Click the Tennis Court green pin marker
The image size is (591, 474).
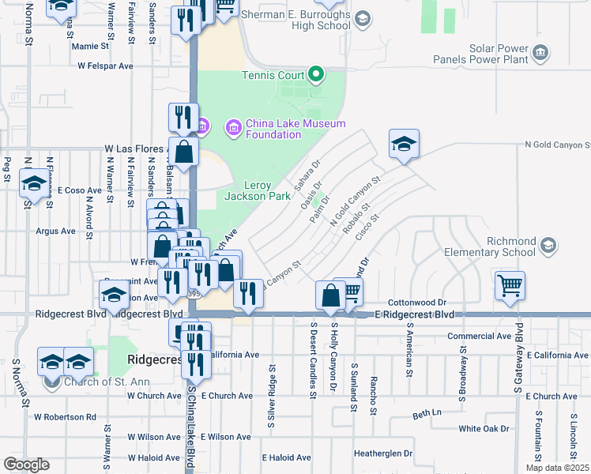(x=316, y=76)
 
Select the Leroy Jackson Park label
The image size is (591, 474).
(x=258, y=190)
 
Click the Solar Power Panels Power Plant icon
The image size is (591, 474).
(x=540, y=53)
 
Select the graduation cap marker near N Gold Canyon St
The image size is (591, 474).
(x=404, y=144)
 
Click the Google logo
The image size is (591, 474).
(x=26, y=465)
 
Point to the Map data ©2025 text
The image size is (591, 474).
(x=558, y=468)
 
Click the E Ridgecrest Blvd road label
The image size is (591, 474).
(x=415, y=314)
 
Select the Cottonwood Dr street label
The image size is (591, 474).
(x=418, y=303)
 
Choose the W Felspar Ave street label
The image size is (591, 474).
(x=104, y=66)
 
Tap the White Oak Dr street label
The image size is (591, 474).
(x=484, y=429)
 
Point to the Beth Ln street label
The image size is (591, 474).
(x=425, y=413)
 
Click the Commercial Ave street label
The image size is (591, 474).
(x=480, y=336)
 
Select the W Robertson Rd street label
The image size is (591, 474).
(x=66, y=416)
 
